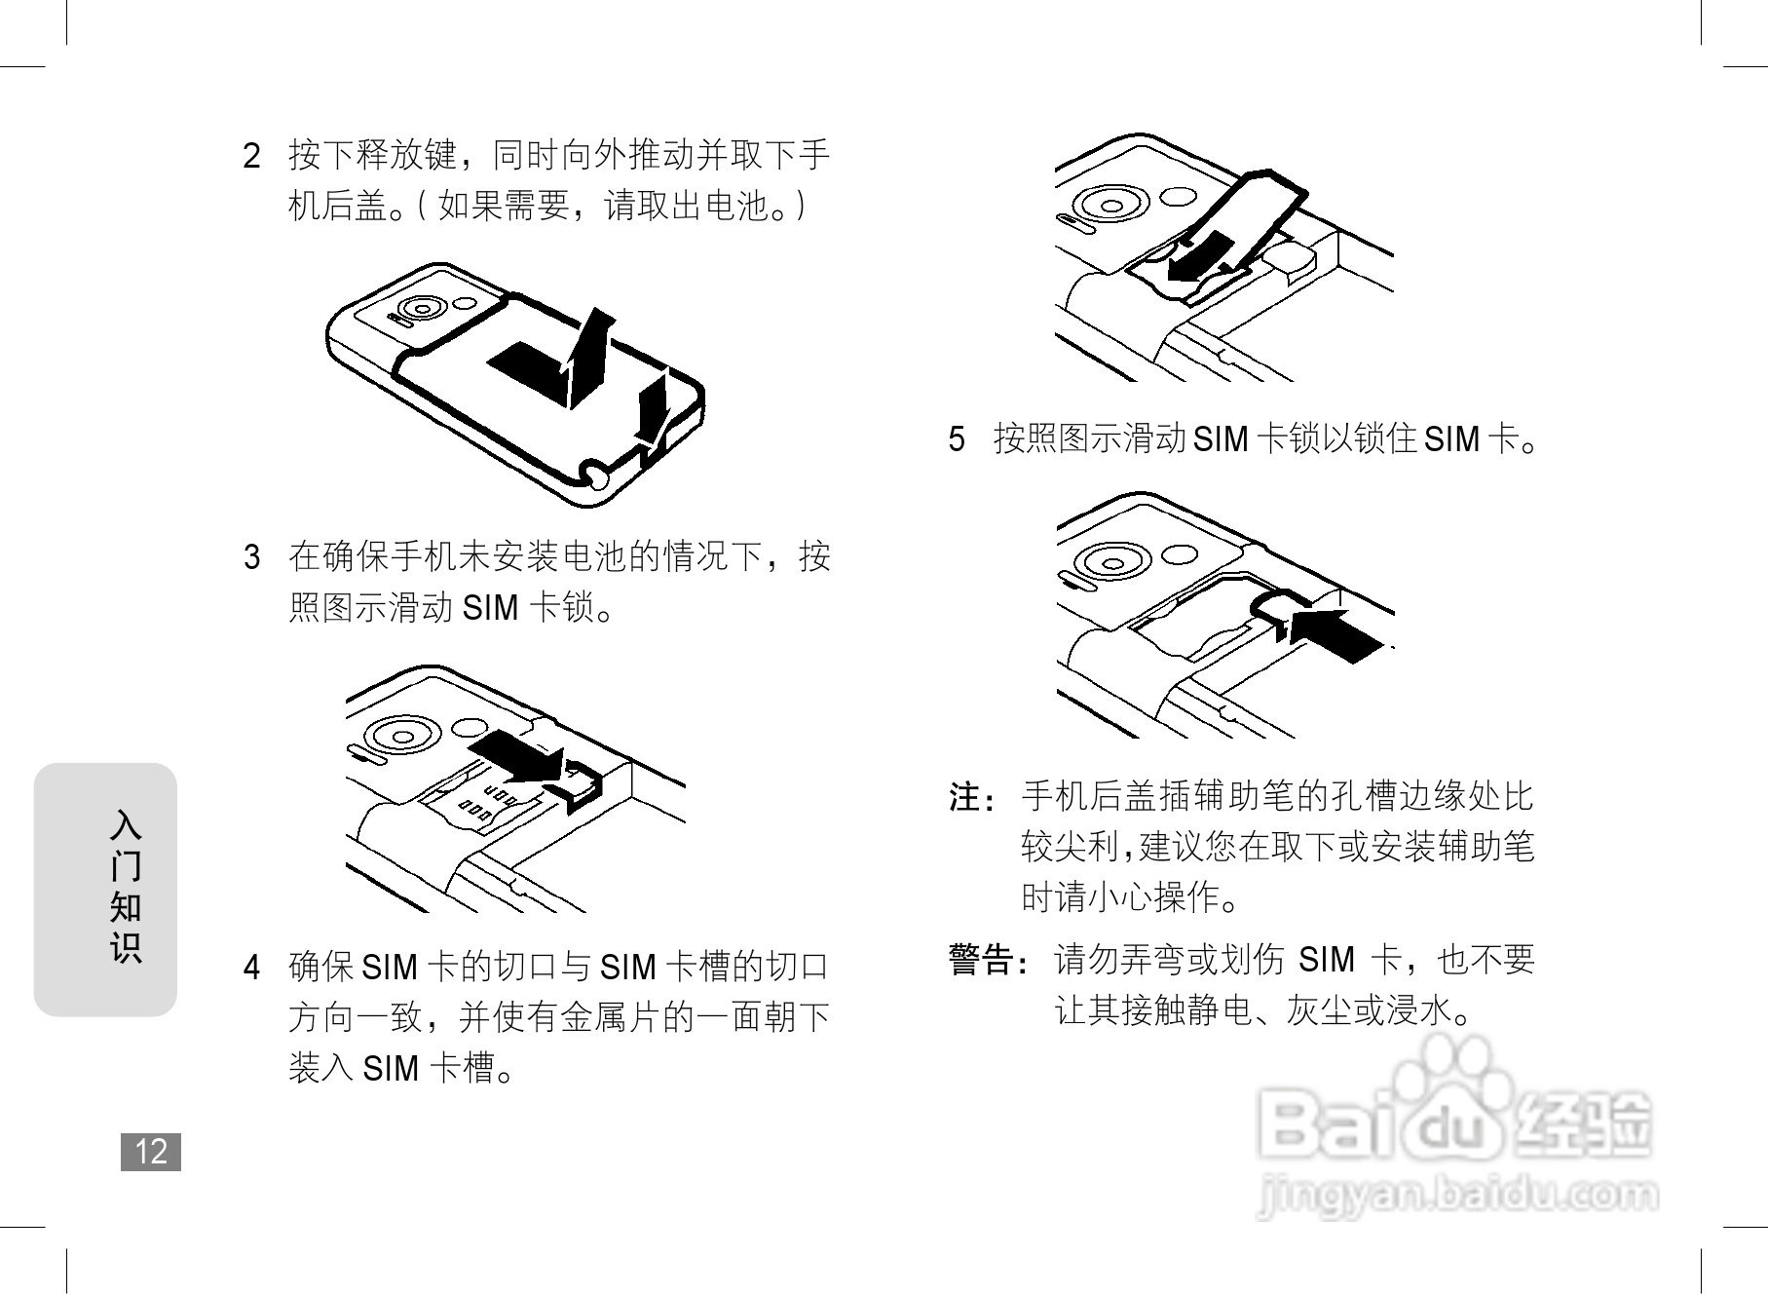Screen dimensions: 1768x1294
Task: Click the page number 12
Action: (x=151, y=1152)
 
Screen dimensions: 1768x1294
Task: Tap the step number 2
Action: (x=252, y=156)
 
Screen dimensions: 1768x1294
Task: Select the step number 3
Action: (x=252, y=557)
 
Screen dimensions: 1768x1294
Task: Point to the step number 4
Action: (x=252, y=968)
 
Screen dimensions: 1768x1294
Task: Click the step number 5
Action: (x=957, y=439)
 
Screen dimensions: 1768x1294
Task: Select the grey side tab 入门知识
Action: (x=106, y=889)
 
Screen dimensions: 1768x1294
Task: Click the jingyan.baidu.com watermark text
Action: (x=1456, y=1195)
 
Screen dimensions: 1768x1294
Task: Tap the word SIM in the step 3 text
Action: (x=490, y=608)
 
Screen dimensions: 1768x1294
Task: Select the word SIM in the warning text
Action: (x=1326, y=961)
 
